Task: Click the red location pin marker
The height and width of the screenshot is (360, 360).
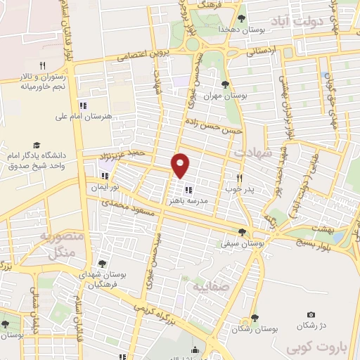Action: pos(181,165)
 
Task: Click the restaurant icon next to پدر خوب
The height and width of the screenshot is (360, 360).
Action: pos(239,179)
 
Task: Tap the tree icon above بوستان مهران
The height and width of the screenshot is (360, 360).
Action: pos(224,84)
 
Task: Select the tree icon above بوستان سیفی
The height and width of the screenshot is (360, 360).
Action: pos(243,232)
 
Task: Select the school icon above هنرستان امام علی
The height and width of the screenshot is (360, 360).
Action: pos(83,105)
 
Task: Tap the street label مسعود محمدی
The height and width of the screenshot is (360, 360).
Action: pos(127,208)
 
